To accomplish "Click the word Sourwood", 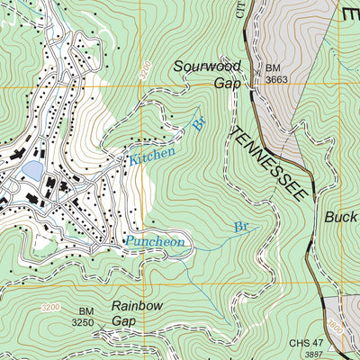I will tap(208, 66).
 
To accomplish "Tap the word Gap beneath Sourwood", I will tap(227, 83).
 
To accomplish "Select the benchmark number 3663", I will tap(278, 80).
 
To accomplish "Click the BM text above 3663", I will tap(274, 67).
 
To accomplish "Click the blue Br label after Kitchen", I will tap(198, 124).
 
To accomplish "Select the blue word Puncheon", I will tap(155, 241).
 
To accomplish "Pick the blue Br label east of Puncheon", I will tap(241, 227).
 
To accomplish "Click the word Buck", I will tap(342, 217).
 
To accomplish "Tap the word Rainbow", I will tap(138, 306).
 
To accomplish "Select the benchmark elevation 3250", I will tap(83, 322).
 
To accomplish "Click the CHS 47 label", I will tap(306, 343).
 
